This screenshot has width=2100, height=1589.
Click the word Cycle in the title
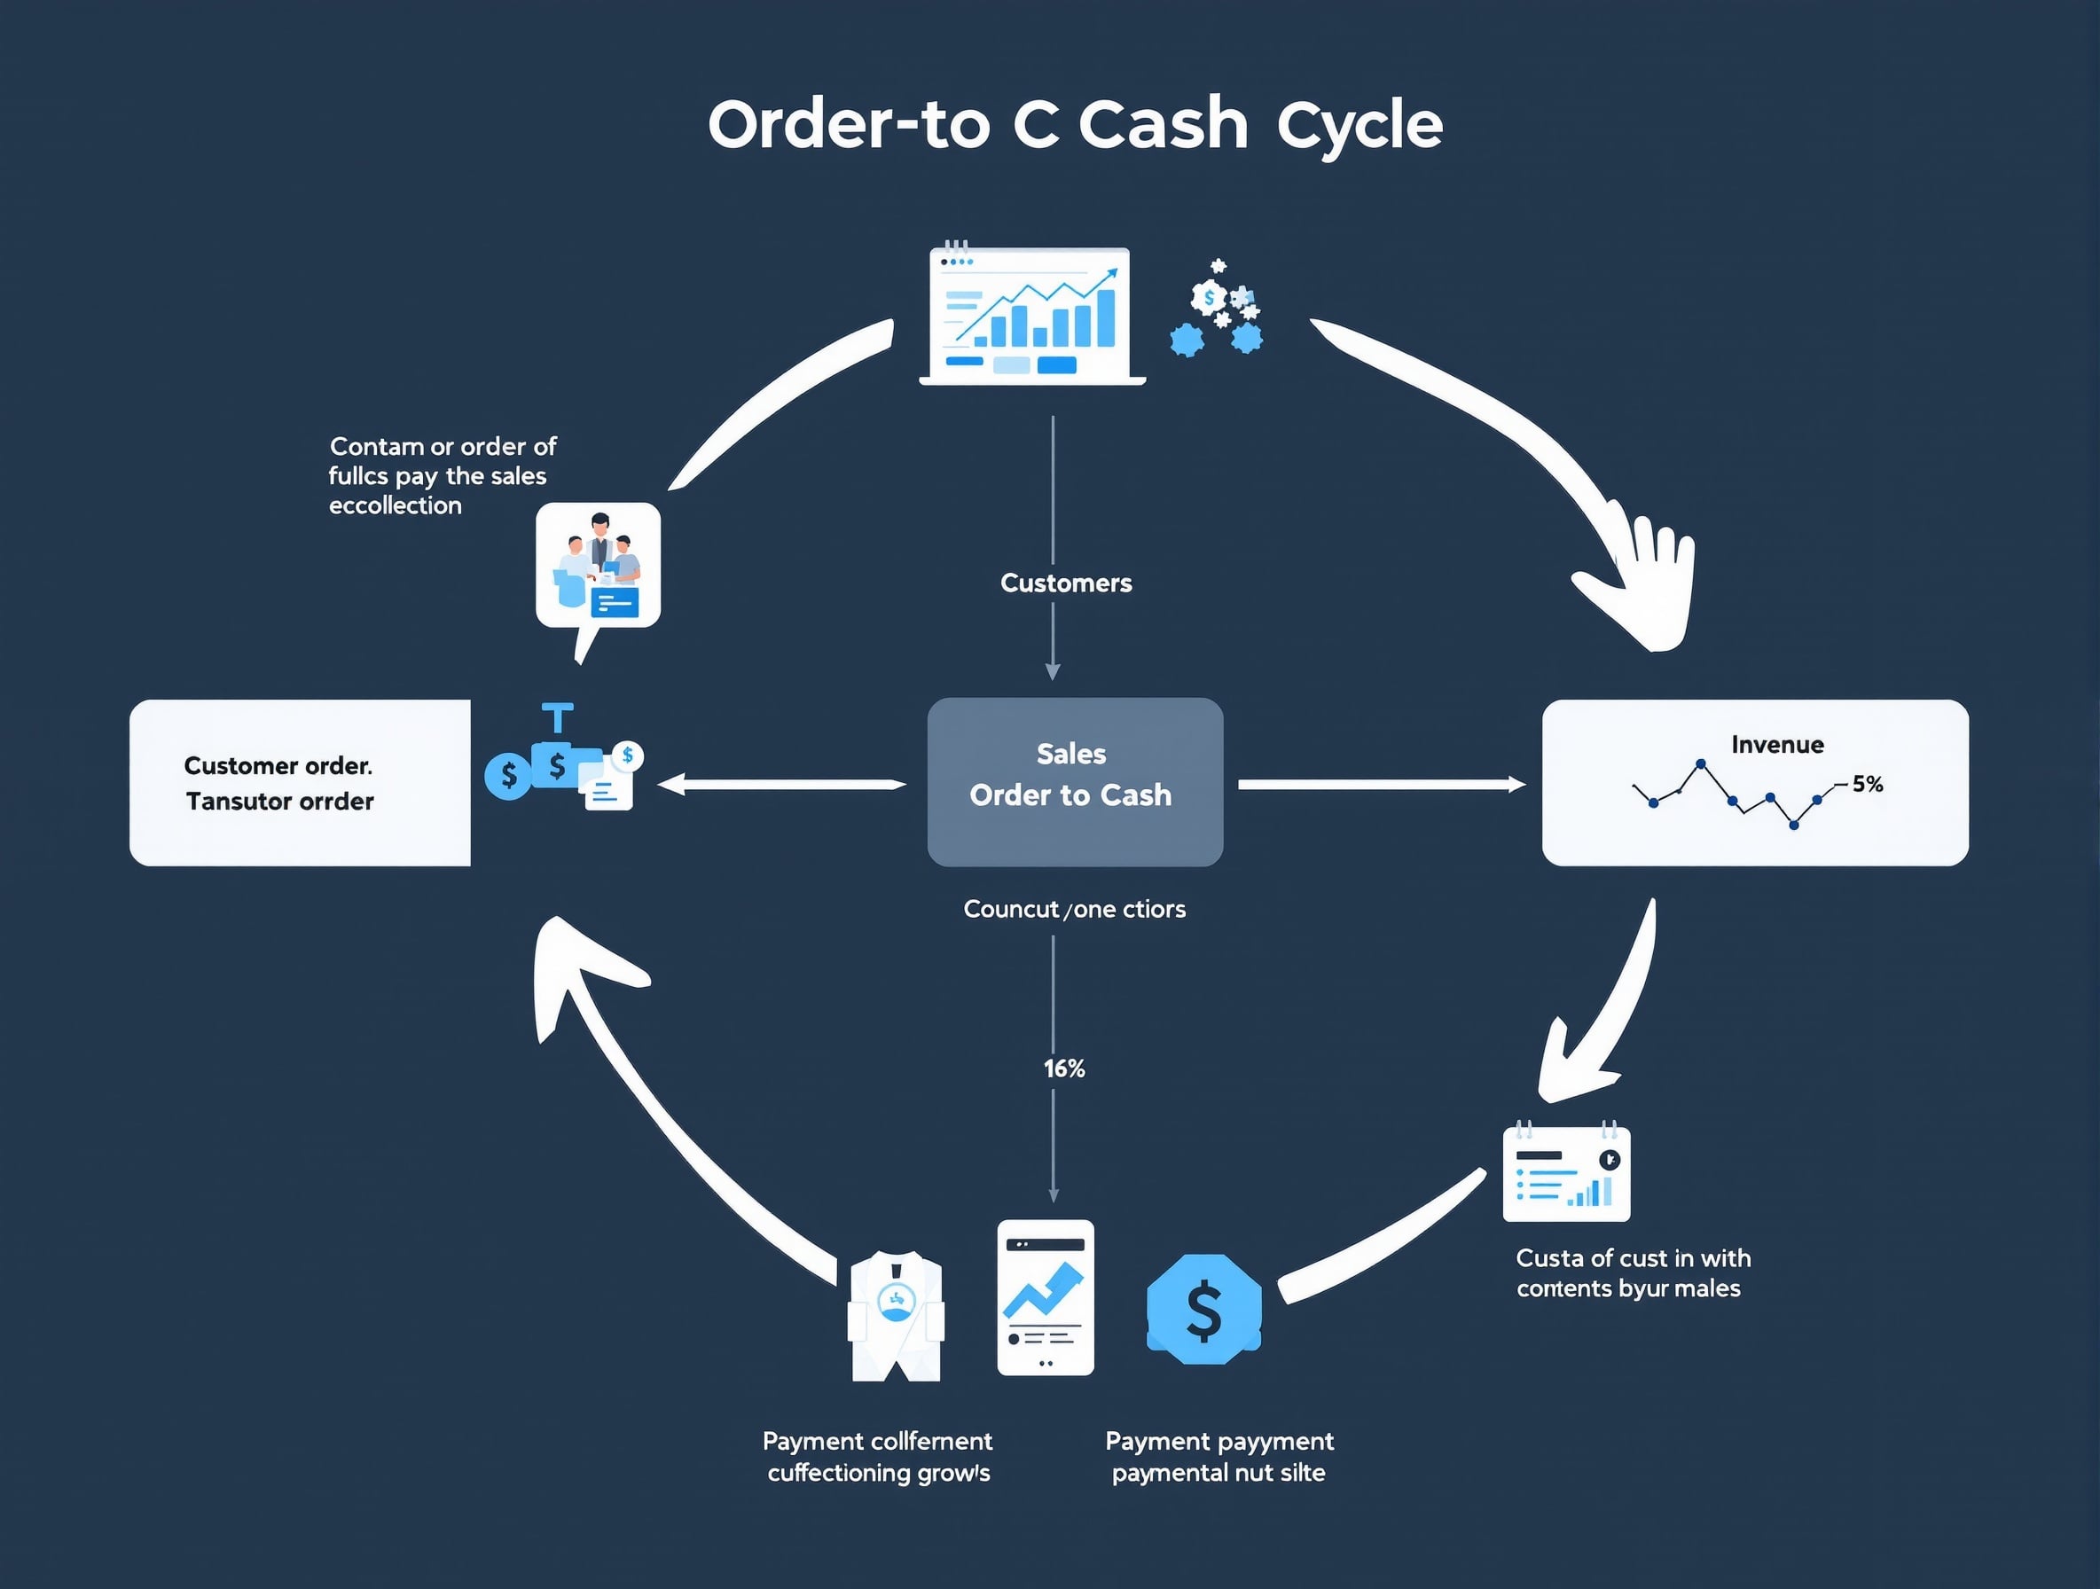(x=1359, y=125)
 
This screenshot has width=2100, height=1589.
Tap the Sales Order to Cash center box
(x=1075, y=781)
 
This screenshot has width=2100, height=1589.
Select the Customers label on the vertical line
(x=1065, y=583)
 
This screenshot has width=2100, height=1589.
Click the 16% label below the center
(x=1063, y=1068)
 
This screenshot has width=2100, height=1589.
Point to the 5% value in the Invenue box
(x=1867, y=784)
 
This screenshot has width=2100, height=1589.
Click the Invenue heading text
(x=1776, y=744)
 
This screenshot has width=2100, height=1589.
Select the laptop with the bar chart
(x=1032, y=316)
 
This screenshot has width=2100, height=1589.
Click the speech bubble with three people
(x=598, y=567)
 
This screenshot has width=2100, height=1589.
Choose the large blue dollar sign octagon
(x=1203, y=1310)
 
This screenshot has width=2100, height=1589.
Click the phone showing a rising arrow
(x=1046, y=1296)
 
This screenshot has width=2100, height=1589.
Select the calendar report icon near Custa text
(x=1566, y=1174)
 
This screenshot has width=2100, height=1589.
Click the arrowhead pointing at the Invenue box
(x=1516, y=784)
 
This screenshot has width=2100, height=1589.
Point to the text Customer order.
(x=278, y=765)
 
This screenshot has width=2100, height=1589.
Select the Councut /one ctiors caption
(x=1074, y=910)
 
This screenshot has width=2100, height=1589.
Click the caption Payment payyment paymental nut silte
(x=1219, y=1456)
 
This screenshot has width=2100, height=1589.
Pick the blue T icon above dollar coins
(x=557, y=717)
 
